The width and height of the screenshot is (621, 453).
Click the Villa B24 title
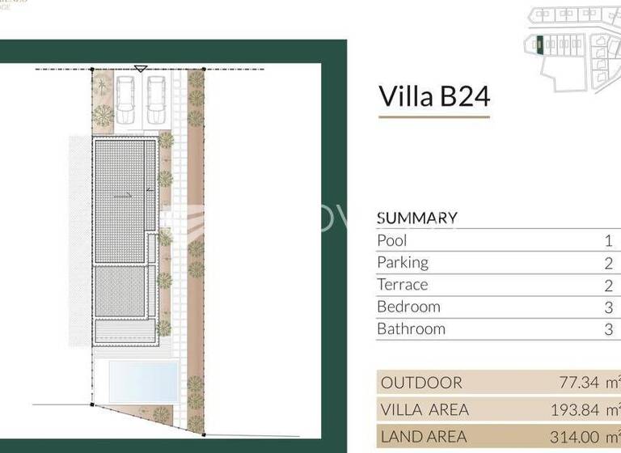[434, 96]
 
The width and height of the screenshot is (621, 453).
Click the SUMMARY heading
[417, 218]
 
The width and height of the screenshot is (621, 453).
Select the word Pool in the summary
[392, 240]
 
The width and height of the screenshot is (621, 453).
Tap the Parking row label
[403, 262]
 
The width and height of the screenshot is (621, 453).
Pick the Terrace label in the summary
[403, 285]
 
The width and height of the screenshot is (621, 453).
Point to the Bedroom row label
[408, 307]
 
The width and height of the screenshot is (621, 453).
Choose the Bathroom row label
[412, 329]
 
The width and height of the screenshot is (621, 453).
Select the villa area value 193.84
[575, 409]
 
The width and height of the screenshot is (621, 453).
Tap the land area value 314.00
[576, 436]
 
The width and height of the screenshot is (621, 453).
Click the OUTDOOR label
[421, 383]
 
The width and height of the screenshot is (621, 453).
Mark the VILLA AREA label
[425, 409]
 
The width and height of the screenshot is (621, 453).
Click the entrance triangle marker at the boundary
[141, 70]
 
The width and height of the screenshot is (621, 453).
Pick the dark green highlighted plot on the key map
[534, 44]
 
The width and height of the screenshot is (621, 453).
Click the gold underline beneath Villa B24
[434, 117]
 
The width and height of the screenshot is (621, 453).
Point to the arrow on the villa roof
[122, 194]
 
